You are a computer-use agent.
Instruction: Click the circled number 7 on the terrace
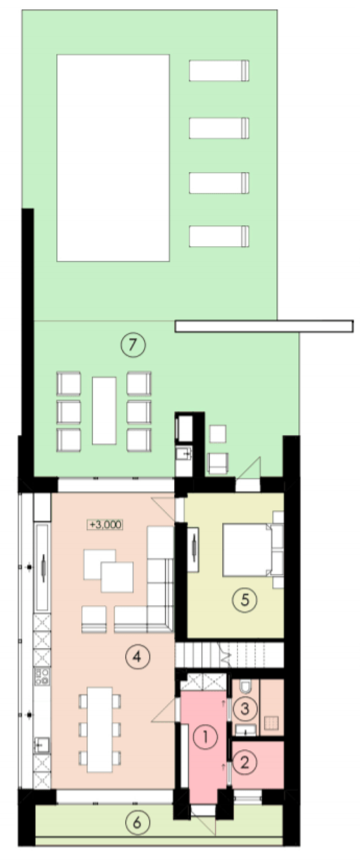click(x=133, y=345)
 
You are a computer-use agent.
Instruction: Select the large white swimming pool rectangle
click(x=113, y=158)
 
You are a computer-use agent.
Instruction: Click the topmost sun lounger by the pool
click(x=219, y=71)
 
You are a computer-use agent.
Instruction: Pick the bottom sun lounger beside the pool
click(x=219, y=236)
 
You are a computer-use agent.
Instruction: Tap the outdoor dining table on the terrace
click(x=104, y=410)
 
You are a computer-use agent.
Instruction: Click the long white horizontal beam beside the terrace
click(x=264, y=326)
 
